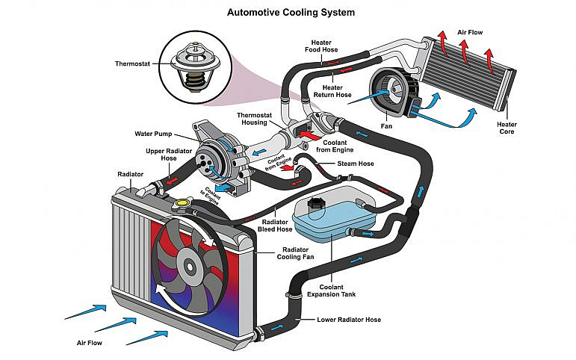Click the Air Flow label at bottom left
coord(90,344)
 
